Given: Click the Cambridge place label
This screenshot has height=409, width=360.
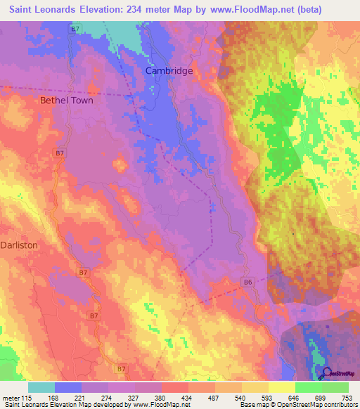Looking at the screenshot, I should [x=169, y=71].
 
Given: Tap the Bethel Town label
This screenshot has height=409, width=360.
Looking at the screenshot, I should [x=66, y=100].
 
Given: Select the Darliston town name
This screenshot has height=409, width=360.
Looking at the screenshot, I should [x=19, y=245].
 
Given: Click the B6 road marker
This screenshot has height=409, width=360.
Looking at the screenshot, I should [x=247, y=282].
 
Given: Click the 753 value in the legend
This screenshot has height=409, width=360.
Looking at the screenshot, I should [x=347, y=398].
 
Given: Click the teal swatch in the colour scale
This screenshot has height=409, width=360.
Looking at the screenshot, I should [x=41, y=387].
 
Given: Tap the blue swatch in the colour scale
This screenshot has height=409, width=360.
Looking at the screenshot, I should [x=68, y=387].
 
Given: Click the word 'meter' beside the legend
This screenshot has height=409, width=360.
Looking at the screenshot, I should [x=7, y=398].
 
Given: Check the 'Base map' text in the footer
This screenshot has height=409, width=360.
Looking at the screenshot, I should [x=253, y=405].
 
